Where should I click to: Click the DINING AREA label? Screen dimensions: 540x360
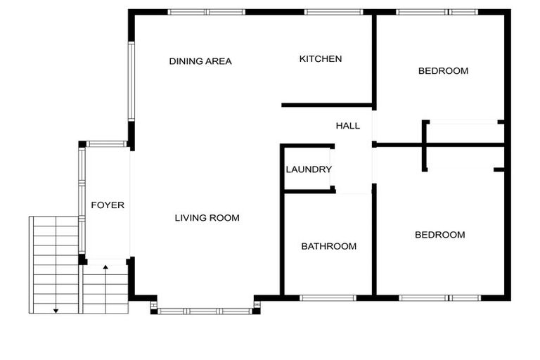click(x=200, y=61)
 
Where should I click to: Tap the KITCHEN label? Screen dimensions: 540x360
click(x=321, y=59)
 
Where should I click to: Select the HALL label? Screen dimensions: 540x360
click(x=348, y=126)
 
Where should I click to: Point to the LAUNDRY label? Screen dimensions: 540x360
click(x=309, y=169)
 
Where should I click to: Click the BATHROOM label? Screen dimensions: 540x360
click(x=329, y=246)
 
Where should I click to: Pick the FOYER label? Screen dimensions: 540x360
click(x=108, y=205)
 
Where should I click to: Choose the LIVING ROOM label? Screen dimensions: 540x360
click(x=207, y=218)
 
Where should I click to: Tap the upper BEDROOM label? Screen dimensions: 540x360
click(x=443, y=71)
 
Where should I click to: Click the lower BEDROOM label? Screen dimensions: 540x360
click(x=439, y=235)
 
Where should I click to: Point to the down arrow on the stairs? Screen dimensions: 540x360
click(x=56, y=264)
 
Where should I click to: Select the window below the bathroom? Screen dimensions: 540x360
click(x=328, y=298)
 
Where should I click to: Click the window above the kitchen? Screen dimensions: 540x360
click(x=333, y=12)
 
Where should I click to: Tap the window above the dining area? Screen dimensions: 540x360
click(x=207, y=12)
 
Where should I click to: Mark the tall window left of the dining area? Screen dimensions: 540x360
click(x=131, y=82)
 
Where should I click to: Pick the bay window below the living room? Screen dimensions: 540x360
click(x=205, y=311)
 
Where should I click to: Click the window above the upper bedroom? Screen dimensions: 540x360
click(x=437, y=12)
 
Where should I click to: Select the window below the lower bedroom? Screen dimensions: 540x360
click(x=439, y=298)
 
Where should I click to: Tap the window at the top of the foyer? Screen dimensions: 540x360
click(x=106, y=144)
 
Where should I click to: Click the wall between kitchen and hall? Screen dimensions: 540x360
click(x=327, y=105)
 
